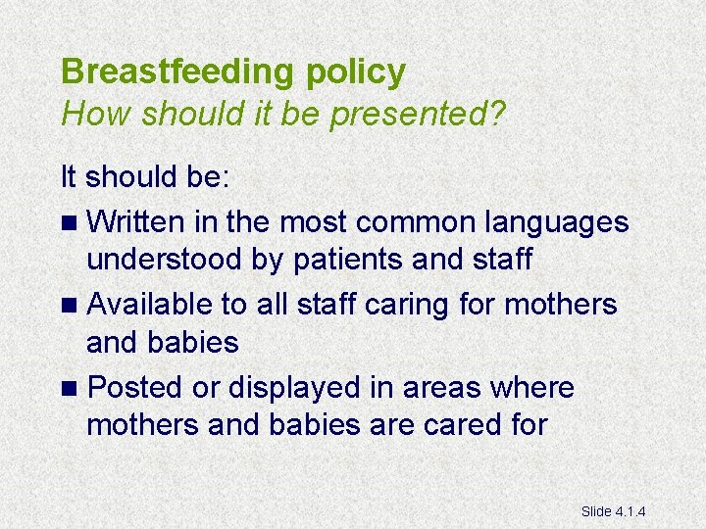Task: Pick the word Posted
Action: tap(135, 388)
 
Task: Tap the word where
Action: tap(530, 388)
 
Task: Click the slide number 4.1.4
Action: tap(636, 510)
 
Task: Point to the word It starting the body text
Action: tap(70, 178)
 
